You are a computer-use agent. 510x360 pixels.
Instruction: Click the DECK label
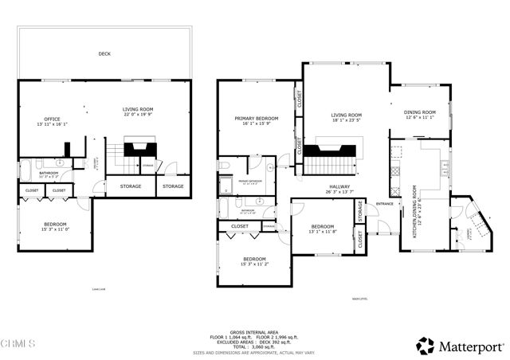click(104, 54)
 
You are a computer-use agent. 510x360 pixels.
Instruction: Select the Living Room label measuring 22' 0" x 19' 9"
click(137, 111)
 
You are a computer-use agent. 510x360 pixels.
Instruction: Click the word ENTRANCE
click(385, 205)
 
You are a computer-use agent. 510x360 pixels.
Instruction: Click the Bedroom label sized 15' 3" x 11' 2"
click(254, 260)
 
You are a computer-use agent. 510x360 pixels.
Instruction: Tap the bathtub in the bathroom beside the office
click(25, 170)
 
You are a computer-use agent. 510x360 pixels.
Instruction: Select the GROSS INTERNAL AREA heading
click(254, 331)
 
